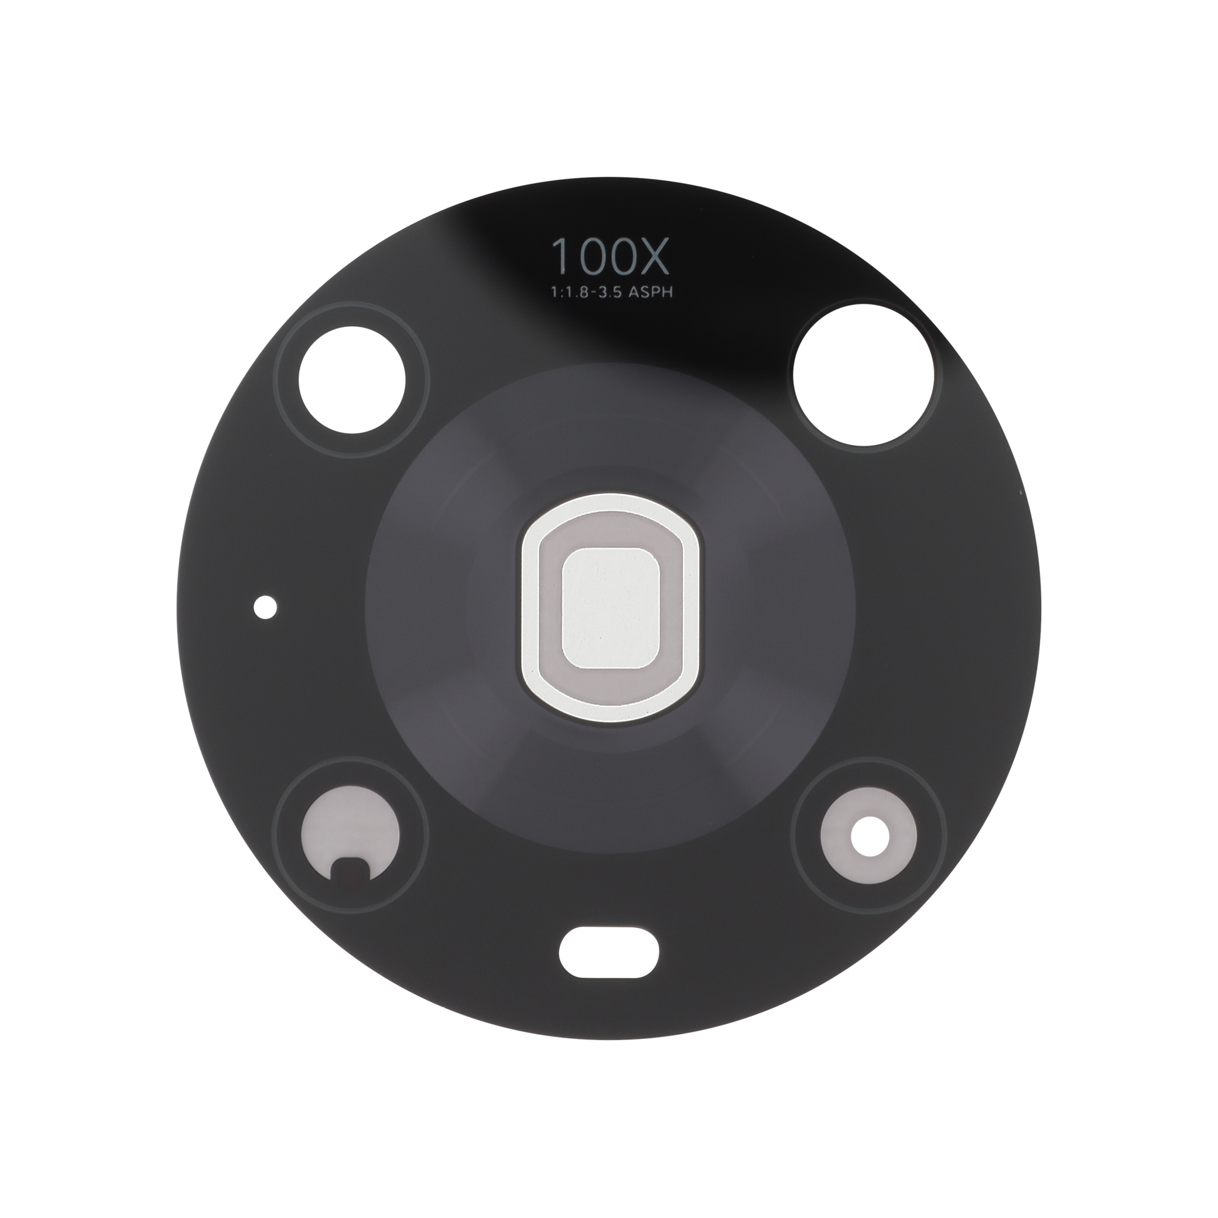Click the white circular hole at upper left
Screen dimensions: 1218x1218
pos(352,381)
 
